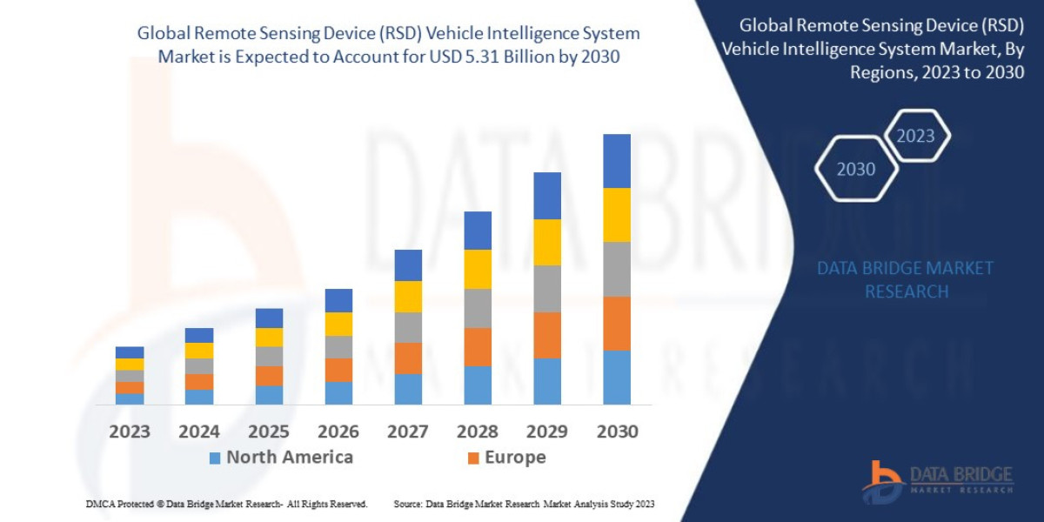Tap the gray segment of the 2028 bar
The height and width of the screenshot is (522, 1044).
coord(478,308)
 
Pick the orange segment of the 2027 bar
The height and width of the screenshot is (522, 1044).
coord(408,358)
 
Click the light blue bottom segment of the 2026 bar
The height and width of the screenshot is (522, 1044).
coord(338,393)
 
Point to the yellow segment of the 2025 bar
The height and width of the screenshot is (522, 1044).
coord(269,338)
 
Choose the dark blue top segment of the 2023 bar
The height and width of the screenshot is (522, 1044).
coord(130,352)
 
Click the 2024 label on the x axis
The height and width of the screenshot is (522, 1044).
coord(199,432)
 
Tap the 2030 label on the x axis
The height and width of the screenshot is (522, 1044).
coord(617,432)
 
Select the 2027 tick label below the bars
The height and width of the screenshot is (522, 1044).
coord(408,432)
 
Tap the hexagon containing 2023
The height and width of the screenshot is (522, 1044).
coord(915,136)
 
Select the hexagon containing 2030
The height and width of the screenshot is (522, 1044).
coord(856,170)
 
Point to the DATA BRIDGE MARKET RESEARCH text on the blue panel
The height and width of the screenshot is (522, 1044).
coord(906,279)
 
